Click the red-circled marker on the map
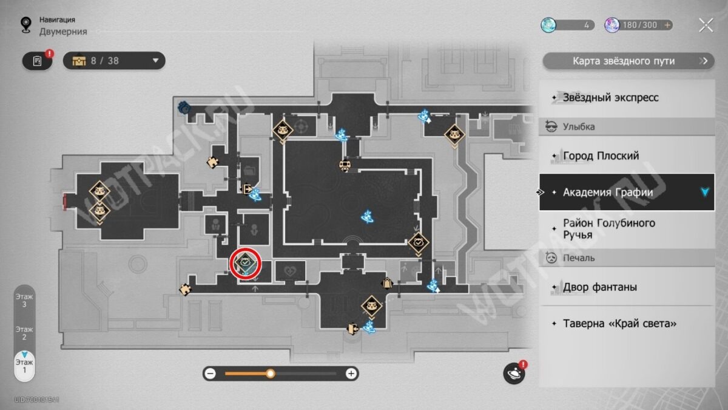pos(245,263)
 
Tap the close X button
pos(706,26)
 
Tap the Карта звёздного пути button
pos(629,61)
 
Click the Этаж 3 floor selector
pos(24,301)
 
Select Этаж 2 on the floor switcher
pos(24,333)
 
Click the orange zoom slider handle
pos(270,374)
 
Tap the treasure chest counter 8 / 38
pos(114,61)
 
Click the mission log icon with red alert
pos(38,61)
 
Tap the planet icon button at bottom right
pos(514,373)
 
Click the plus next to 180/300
pos(667,25)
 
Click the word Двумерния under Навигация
pos(63,32)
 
